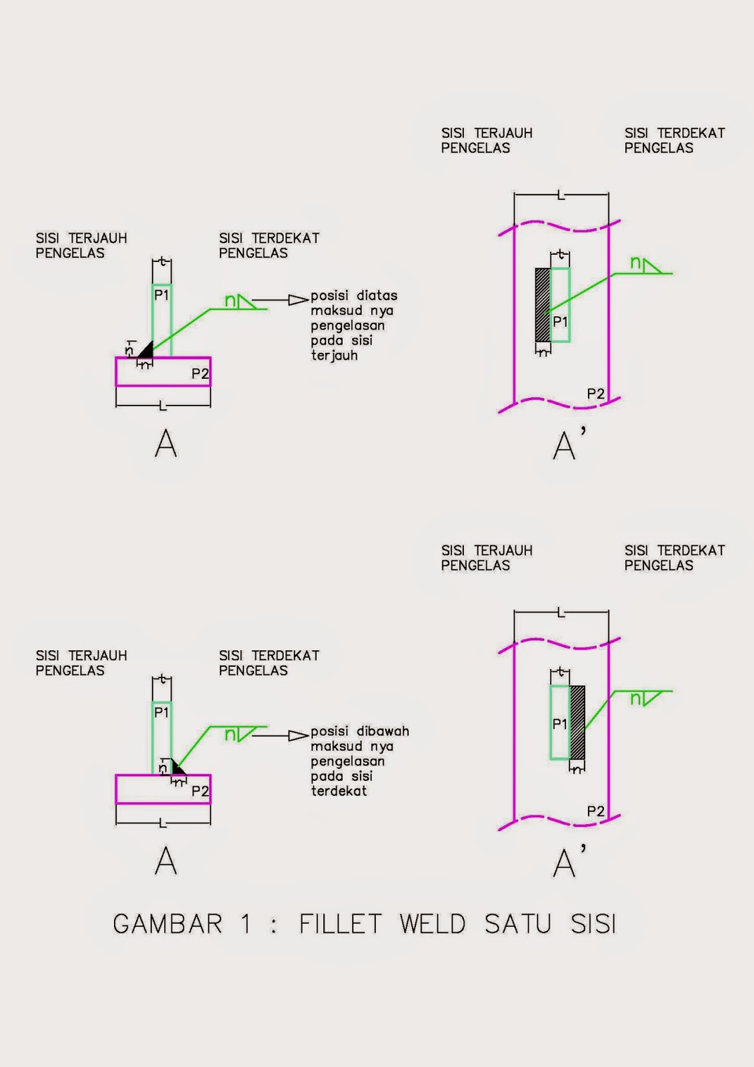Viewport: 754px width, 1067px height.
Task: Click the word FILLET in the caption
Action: (x=340, y=924)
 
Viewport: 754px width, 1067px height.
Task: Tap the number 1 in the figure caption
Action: (x=246, y=924)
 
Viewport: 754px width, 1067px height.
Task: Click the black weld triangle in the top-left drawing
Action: (x=146, y=350)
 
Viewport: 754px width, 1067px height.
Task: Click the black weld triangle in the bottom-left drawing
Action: (x=177, y=768)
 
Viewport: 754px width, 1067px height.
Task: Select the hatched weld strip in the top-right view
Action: (x=543, y=305)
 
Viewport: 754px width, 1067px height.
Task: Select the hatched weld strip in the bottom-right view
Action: (x=577, y=722)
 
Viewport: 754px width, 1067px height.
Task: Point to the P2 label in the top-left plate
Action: (x=200, y=374)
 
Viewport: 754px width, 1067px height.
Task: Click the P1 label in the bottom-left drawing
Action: (x=161, y=712)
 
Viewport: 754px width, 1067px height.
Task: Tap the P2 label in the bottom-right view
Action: (x=595, y=812)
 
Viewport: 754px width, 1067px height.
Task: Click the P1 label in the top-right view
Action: (x=561, y=321)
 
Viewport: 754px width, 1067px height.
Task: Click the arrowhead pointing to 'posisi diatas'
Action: (x=298, y=300)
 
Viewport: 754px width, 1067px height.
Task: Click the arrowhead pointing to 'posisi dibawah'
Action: (x=298, y=736)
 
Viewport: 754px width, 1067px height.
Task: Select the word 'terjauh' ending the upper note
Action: (x=334, y=356)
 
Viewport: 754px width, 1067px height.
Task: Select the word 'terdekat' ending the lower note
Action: (x=339, y=792)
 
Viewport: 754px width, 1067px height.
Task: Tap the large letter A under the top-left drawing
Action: (x=165, y=444)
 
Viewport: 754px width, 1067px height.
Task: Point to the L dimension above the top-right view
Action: (x=561, y=195)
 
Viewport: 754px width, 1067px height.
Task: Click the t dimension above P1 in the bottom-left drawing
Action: (x=161, y=680)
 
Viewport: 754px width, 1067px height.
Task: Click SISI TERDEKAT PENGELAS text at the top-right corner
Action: (x=674, y=141)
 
